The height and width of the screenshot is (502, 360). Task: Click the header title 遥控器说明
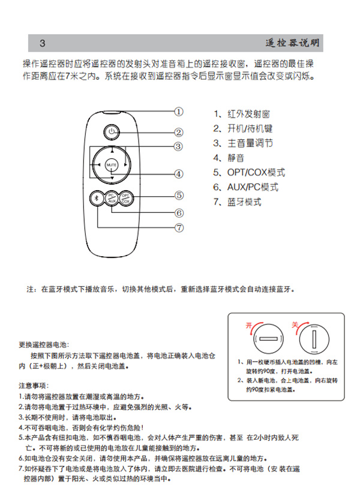coord(292,43)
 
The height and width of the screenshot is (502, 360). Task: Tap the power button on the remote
coord(111,131)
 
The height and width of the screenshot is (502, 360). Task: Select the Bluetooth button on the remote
coord(95,199)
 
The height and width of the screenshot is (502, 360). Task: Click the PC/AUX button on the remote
coord(111,199)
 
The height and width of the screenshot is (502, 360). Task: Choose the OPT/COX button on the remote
coord(125,199)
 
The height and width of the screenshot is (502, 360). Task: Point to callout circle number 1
coord(179,111)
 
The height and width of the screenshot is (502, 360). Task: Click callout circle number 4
coord(179,174)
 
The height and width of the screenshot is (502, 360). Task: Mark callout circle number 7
coord(179,227)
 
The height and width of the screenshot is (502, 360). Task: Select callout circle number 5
coord(179,195)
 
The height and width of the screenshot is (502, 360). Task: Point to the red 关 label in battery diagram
coord(295,324)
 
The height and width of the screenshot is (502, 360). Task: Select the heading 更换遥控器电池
coord(44,345)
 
